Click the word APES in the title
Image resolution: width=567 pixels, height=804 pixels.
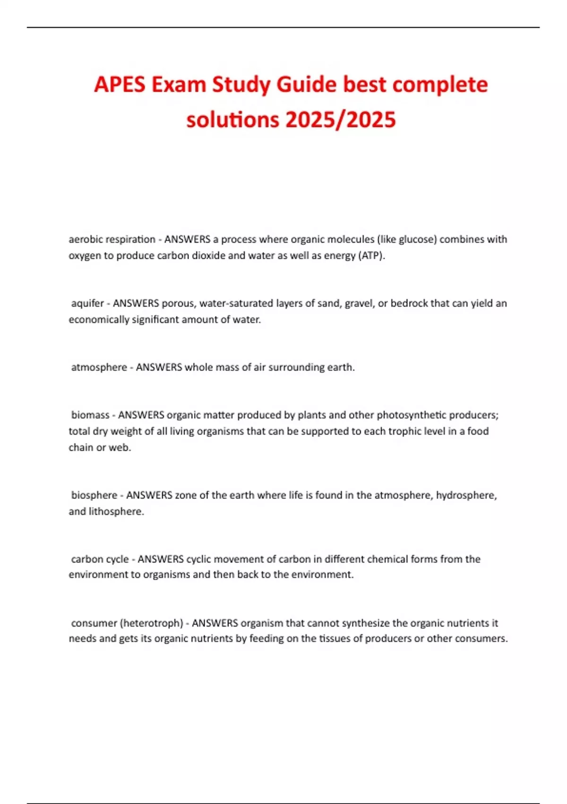point(120,85)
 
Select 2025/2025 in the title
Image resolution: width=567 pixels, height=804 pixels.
point(340,120)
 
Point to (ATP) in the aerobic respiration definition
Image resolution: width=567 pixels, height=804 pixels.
point(372,256)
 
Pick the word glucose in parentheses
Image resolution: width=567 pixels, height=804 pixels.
point(418,239)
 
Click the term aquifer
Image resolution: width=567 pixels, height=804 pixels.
point(87,303)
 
